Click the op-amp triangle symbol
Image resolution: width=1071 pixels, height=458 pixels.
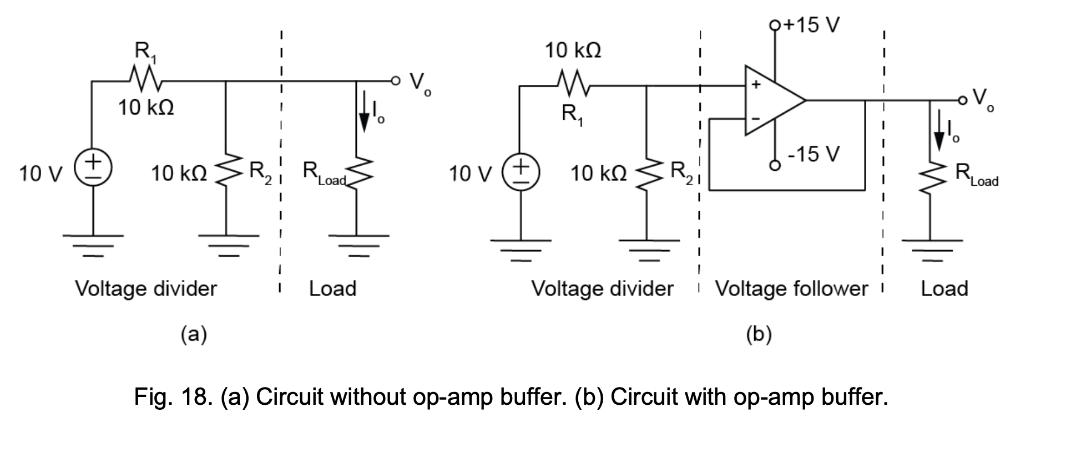coord(771,101)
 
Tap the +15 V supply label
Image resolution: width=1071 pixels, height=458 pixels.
coord(810,24)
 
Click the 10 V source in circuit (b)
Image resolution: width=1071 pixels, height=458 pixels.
coord(521,172)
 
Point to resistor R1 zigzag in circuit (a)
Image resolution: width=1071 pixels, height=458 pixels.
coord(145,80)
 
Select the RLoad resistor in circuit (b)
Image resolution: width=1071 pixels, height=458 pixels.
coord(931,179)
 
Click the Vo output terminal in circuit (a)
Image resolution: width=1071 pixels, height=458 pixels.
coord(395,81)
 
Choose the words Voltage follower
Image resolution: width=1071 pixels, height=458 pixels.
coord(790,288)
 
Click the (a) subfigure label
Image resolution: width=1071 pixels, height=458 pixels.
coord(194,334)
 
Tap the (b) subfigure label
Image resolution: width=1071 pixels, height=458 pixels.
coord(758,334)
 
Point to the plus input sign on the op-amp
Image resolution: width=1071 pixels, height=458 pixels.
coord(755,85)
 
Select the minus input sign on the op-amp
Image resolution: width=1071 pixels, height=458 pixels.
coord(755,119)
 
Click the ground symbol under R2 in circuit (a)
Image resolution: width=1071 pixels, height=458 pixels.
coord(225,244)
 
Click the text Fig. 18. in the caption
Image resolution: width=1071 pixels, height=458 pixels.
coord(173,397)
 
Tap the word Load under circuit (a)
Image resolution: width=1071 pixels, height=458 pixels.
coord(332,288)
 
